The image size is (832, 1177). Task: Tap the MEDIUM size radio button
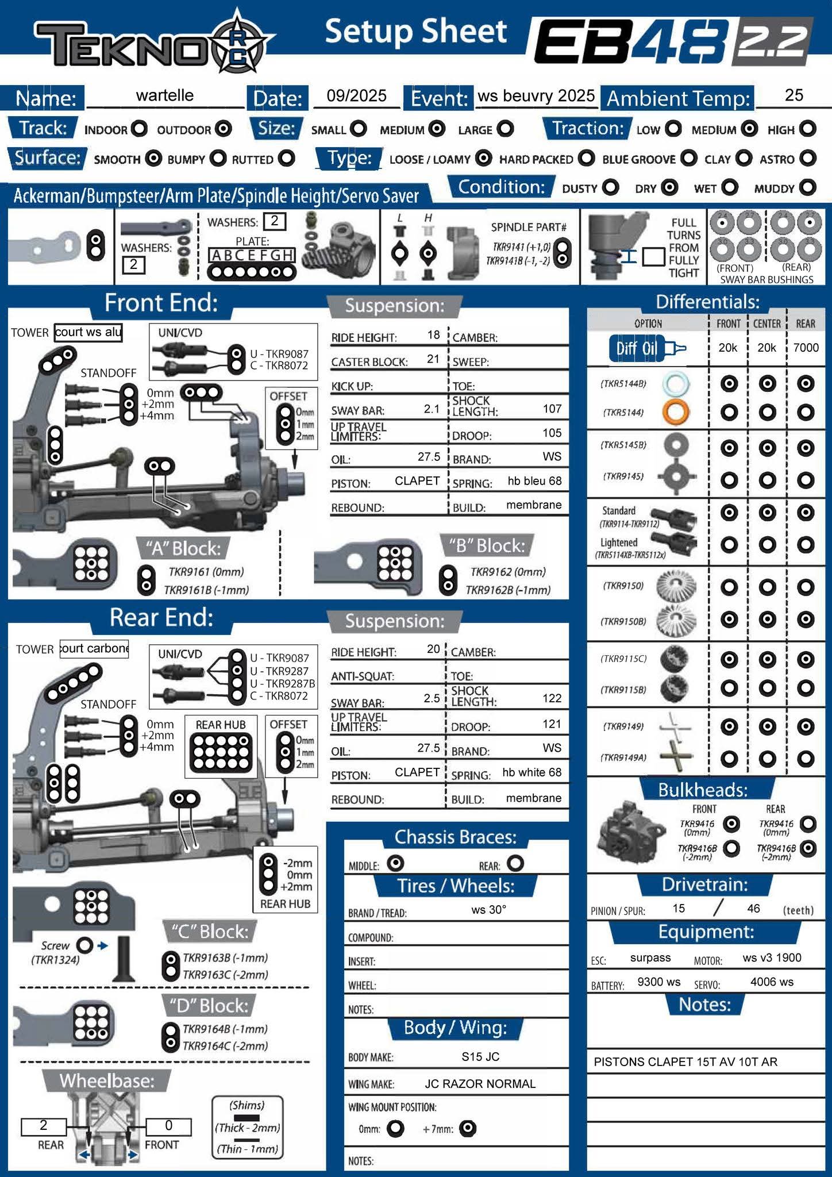coord(437,129)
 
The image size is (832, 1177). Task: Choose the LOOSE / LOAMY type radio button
coord(484,158)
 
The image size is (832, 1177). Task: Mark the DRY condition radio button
coord(669,187)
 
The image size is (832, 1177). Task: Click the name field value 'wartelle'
coord(164,95)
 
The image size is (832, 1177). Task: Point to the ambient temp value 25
coord(794,95)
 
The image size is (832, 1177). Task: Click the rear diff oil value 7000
coord(806,348)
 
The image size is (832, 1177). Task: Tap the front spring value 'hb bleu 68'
coord(534,480)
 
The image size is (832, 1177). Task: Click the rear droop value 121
coord(552,724)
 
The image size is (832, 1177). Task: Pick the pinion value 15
coord(679,908)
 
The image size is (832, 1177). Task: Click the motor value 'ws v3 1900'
coord(772,957)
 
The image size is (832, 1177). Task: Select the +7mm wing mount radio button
coord(468,1129)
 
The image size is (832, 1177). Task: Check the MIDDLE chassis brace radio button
coord(395,863)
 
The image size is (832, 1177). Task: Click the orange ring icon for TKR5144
coord(675,412)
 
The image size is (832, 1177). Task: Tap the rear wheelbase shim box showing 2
coord(43,1125)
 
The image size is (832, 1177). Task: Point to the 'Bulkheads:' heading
coord(703,790)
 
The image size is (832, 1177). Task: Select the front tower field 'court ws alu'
coord(88,332)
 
